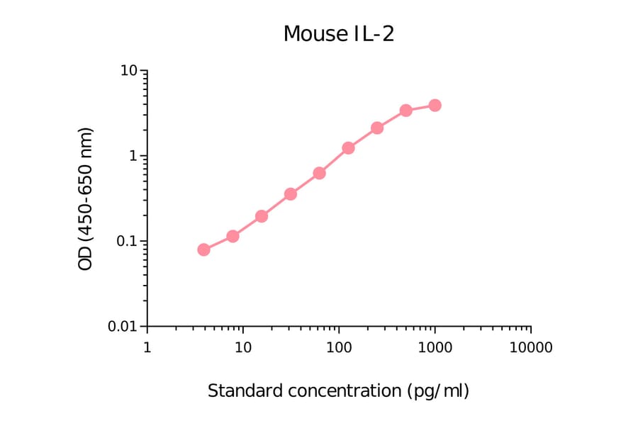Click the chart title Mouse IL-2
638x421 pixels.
point(338,33)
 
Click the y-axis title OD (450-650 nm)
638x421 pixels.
point(86,198)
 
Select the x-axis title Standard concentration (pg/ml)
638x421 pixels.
point(338,391)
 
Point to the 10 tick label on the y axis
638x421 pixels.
point(128,71)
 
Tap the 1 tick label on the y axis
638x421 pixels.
point(133,156)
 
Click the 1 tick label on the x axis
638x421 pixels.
point(147,348)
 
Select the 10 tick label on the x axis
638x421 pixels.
point(242,348)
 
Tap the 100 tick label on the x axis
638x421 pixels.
point(339,348)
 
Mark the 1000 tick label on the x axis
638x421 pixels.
point(435,348)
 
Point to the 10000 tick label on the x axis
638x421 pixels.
point(530,348)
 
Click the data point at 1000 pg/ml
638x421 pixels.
point(435,106)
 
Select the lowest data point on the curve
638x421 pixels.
point(203,249)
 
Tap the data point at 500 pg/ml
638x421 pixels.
point(405,111)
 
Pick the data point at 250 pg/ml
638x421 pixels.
point(377,128)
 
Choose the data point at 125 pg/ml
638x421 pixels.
point(348,148)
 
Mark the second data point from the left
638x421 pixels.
point(233,236)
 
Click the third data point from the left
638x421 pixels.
point(262,216)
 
